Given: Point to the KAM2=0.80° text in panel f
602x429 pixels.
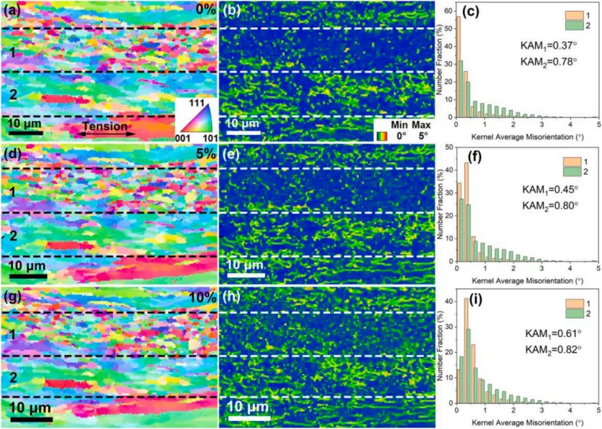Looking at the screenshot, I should point(551,205).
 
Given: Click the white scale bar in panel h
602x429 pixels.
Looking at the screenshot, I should point(247,417).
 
